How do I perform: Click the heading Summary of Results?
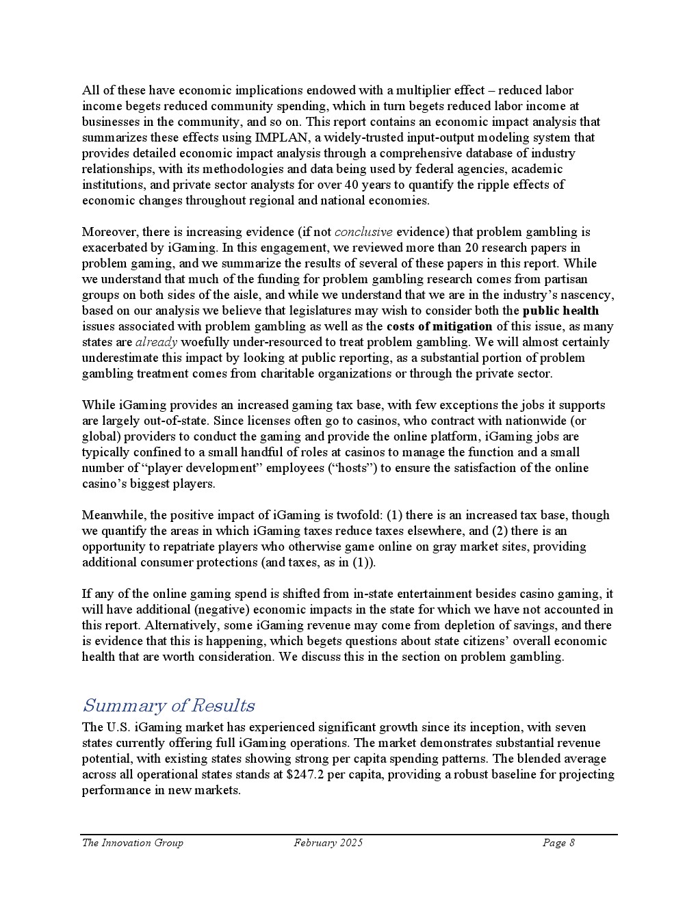(x=168, y=705)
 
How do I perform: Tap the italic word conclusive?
(x=363, y=232)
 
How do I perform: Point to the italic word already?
(x=157, y=342)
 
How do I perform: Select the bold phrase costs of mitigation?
(x=439, y=326)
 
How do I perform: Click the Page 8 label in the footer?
(x=558, y=843)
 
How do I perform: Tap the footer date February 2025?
(x=328, y=843)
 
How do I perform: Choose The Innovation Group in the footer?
(x=133, y=843)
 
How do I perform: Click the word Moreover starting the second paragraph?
(x=108, y=232)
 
